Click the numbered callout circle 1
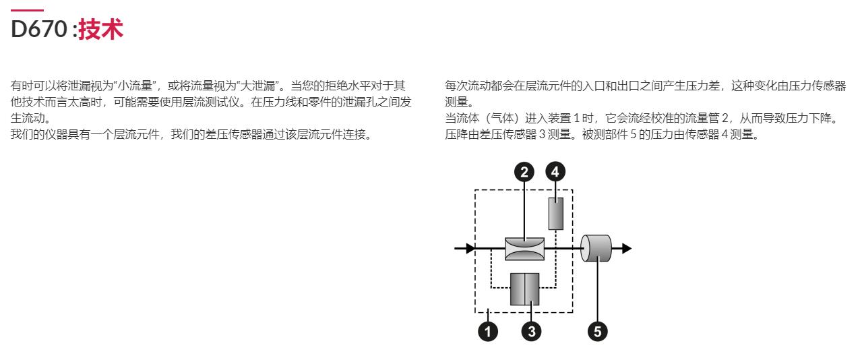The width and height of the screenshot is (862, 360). tap(487, 332)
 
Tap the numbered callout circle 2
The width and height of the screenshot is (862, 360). tap(524, 172)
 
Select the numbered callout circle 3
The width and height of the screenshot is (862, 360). tap(532, 332)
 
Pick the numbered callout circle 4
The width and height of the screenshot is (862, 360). tap(555, 172)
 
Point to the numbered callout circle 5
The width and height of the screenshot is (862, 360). tap(598, 332)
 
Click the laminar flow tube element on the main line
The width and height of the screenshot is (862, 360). tap(524, 249)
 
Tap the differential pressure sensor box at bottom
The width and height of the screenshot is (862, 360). tap(524, 289)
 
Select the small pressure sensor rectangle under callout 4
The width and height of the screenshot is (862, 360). tap(555, 214)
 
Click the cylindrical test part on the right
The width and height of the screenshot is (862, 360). tap(596, 248)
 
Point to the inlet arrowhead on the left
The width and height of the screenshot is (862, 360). tap(470, 248)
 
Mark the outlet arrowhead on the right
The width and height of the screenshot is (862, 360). tap(627, 248)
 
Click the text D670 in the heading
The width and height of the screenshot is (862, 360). tap(39, 29)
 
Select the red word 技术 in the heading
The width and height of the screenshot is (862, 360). tap(100, 29)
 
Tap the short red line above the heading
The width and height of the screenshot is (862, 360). tap(27, 10)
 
